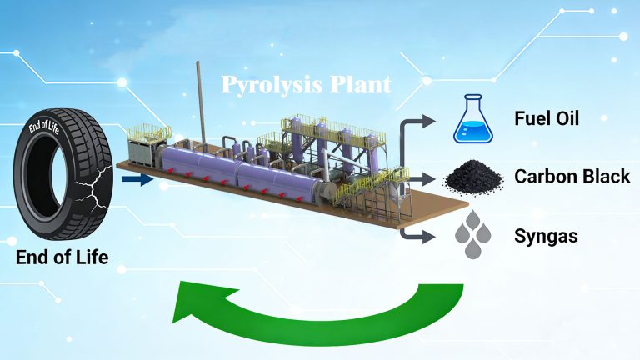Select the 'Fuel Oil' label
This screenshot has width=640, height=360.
(546, 118)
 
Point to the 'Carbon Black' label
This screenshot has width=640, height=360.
(572, 177)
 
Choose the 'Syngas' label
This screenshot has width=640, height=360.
(547, 236)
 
